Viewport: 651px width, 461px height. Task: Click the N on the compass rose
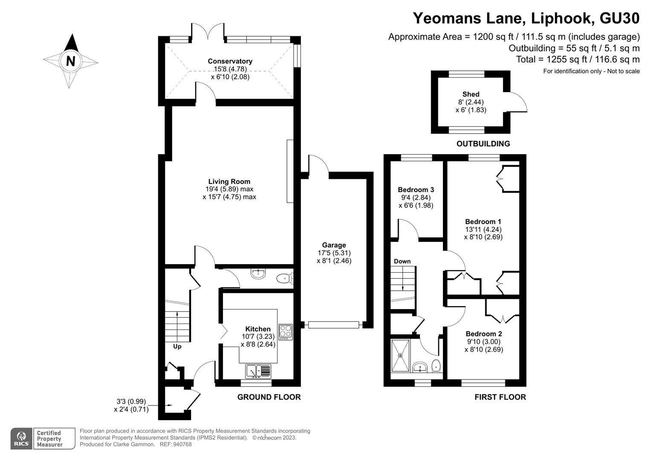(71, 61)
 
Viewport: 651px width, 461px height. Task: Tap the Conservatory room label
(230, 61)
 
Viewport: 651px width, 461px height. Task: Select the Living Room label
(229, 181)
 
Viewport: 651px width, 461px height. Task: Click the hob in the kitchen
(286, 332)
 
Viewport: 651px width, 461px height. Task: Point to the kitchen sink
(258, 371)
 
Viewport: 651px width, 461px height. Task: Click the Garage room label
(334, 245)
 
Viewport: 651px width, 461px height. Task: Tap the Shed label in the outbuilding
(471, 94)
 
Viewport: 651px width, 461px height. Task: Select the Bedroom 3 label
(416, 190)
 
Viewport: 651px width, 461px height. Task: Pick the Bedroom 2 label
(484, 333)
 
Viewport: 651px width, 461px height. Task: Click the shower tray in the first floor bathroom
(400, 356)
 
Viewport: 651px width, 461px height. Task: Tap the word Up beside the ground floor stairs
(177, 347)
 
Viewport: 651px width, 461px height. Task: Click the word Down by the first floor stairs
(402, 261)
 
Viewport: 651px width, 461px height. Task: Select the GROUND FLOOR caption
(269, 397)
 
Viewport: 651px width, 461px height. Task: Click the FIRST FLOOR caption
(500, 397)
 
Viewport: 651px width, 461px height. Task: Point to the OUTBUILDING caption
(483, 143)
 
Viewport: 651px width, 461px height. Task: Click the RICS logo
(22, 438)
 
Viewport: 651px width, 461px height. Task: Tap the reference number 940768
(182, 444)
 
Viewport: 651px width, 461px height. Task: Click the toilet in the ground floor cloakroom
(285, 278)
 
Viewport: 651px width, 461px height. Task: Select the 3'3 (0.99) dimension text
(131, 402)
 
